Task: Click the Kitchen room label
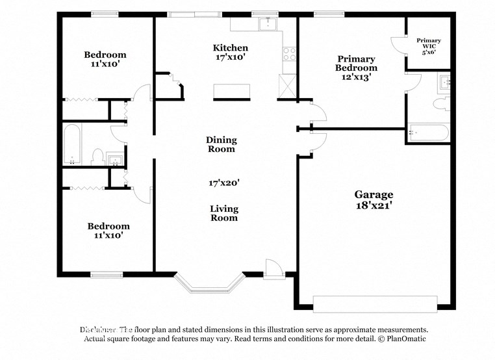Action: click(231, 48)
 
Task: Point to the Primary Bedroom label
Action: click(356, 63)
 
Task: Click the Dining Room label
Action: click(222, 144)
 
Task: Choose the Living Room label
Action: click(223, 213)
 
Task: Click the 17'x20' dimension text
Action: click(224, 183)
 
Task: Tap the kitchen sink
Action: click(268, 25)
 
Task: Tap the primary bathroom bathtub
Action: click(429, 133)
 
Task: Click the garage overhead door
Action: click(375, 304)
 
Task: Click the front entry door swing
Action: click(272, 267)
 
